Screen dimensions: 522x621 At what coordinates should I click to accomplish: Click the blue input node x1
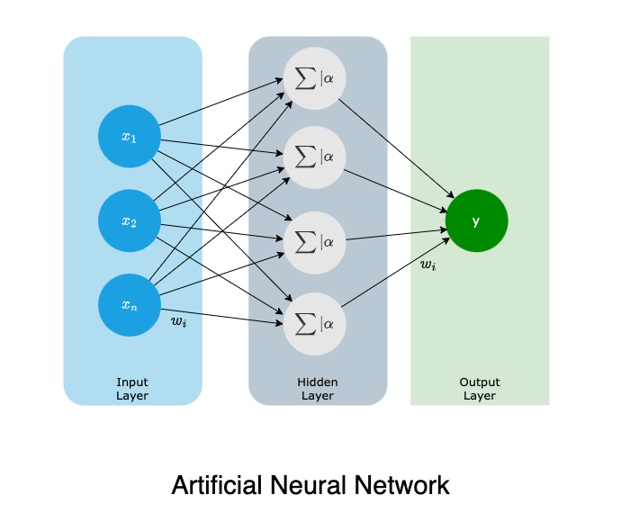[130, 137]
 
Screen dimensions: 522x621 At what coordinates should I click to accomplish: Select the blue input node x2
[130, 220]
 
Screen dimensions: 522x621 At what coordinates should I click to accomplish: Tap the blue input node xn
[130, 304]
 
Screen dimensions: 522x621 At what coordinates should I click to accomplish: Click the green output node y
[476, 220]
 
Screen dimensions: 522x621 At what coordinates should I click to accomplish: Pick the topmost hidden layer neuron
[314, 74]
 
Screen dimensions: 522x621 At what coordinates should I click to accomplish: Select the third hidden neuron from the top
[314, 241]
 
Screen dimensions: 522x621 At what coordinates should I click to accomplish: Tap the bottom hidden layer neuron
[314, 323]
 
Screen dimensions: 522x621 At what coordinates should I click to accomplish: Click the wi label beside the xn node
[178, 321]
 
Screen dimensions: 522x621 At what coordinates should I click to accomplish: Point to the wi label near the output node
[428, 265]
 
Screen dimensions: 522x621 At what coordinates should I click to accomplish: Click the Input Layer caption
[132, 389]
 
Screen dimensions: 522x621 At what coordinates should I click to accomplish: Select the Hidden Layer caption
[318, 389]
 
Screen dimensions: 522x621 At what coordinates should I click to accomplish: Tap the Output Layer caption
[479, 389]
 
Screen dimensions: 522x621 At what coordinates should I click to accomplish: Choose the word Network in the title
[404, 486]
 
